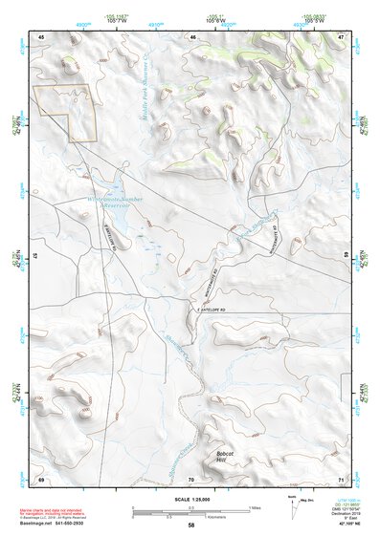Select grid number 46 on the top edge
192,37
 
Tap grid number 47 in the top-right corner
340,37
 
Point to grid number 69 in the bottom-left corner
42,479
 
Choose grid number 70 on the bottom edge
191,479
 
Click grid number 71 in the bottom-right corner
340,479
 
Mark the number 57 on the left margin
34,258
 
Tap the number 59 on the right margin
346,258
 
